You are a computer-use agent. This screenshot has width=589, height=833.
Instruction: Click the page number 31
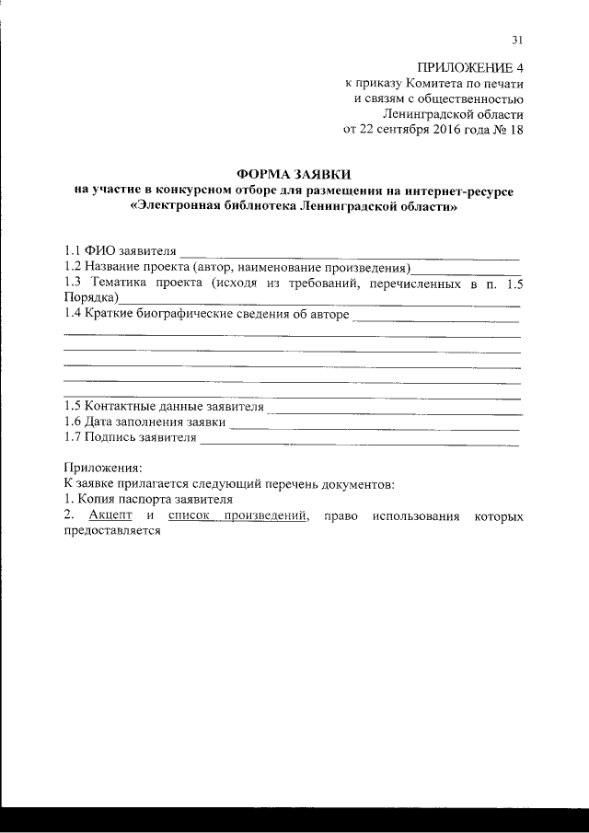point(517,39)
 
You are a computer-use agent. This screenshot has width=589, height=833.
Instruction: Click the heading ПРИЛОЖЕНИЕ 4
point(470,67)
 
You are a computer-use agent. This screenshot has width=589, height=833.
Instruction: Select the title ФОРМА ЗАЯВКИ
point(294,174)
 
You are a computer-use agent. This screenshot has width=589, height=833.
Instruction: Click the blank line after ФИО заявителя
point(350,250)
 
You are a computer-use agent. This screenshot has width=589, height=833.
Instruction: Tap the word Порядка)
point(90,298)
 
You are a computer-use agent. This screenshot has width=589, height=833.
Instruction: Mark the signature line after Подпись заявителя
point(359,439)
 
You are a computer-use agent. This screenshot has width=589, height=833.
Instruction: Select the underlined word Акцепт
point(111,516)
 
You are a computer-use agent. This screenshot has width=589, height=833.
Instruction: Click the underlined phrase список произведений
point(237,516)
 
